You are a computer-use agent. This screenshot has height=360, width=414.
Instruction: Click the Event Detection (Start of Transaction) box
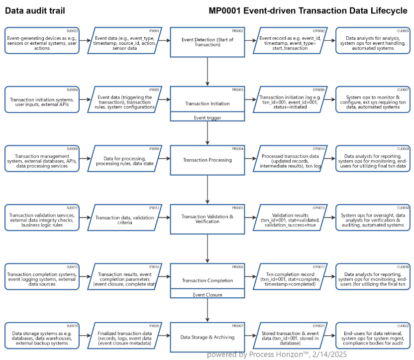coord(207,42)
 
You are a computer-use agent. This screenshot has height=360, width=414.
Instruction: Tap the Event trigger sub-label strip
coord(207,118)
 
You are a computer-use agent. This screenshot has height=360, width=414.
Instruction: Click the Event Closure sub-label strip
coord(207,294)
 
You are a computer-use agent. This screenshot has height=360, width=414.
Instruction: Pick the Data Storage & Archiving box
coord(207,337)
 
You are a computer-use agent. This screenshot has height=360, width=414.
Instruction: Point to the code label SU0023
coord(73,30)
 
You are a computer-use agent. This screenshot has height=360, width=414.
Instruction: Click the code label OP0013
coord(319,207)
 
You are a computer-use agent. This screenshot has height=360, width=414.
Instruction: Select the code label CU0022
coord(403,326)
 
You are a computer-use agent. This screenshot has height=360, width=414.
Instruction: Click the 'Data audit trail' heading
coord(35,10)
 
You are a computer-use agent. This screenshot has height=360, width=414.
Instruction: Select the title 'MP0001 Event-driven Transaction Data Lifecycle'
coord(308,10)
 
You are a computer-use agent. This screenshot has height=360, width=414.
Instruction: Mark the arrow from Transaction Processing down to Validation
coord(207,189)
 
